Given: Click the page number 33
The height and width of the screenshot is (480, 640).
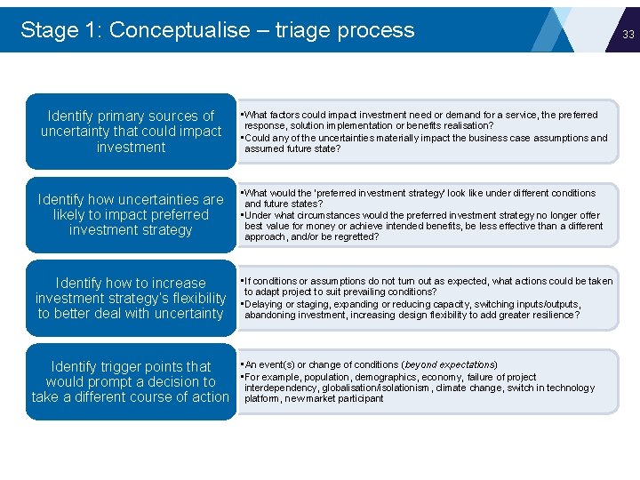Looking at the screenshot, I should (x=628, y=35).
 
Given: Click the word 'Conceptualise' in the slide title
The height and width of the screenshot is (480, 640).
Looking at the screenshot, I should (x=180, y=29).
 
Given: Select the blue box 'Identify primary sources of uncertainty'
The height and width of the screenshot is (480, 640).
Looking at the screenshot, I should (x=131, y=132).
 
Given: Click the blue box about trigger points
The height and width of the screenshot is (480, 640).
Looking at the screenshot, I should (x=131, y=381).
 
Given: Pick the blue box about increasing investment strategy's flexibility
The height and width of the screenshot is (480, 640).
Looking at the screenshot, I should (x=131, y=298).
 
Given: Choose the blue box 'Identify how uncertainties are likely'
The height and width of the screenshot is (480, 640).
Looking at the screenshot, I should (x=131, y=214).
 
